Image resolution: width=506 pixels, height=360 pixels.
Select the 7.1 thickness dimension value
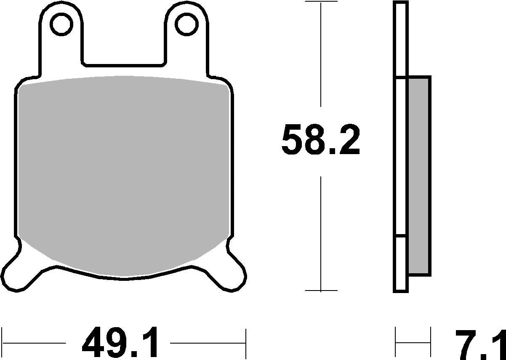pyautogui.click(x=480, y=343)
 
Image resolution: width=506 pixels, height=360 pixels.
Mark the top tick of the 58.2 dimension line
pyautogui.click(x=321, y=2)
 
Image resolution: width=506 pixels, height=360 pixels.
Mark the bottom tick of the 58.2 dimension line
pyautogui.click(x=321, y=291)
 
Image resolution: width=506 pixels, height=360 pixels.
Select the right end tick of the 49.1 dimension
pyautogui.click(x=245, y=343)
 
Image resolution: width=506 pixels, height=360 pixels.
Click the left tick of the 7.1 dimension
pyautogui.click(x=396, y=343)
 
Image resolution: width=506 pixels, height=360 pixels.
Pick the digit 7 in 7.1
pyautogui.click(x=466, y=343)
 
